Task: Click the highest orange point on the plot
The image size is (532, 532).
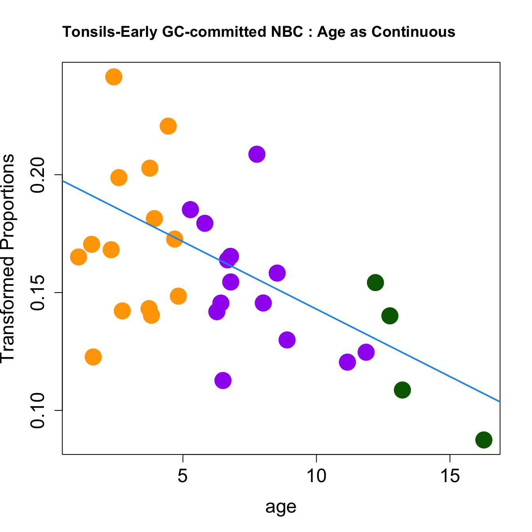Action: click(x=114, y=77)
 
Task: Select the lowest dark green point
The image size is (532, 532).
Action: click(x=484, y=440)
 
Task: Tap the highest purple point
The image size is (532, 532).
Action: click(x=257, y=154)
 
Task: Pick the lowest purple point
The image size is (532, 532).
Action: click(x=223, y=380)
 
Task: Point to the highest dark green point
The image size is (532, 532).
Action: click(x=375, y=283)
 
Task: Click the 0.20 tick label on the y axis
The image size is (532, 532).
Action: click(x=39, y=175)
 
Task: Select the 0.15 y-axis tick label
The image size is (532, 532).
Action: click(x=39, y=293)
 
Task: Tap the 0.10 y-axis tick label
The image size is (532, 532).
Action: click(x=39, y=411)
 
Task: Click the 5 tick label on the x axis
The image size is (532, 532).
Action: click(x=182, y=476)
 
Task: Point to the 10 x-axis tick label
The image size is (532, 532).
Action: click(x=316, y=476)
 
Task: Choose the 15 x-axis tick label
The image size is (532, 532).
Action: click(x=450, y=476)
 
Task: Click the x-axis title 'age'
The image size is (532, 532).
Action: click(x=281, y=507)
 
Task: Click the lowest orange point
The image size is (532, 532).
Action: click(x=93, y=357)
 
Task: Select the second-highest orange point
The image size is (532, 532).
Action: click(x=168, y=126)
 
